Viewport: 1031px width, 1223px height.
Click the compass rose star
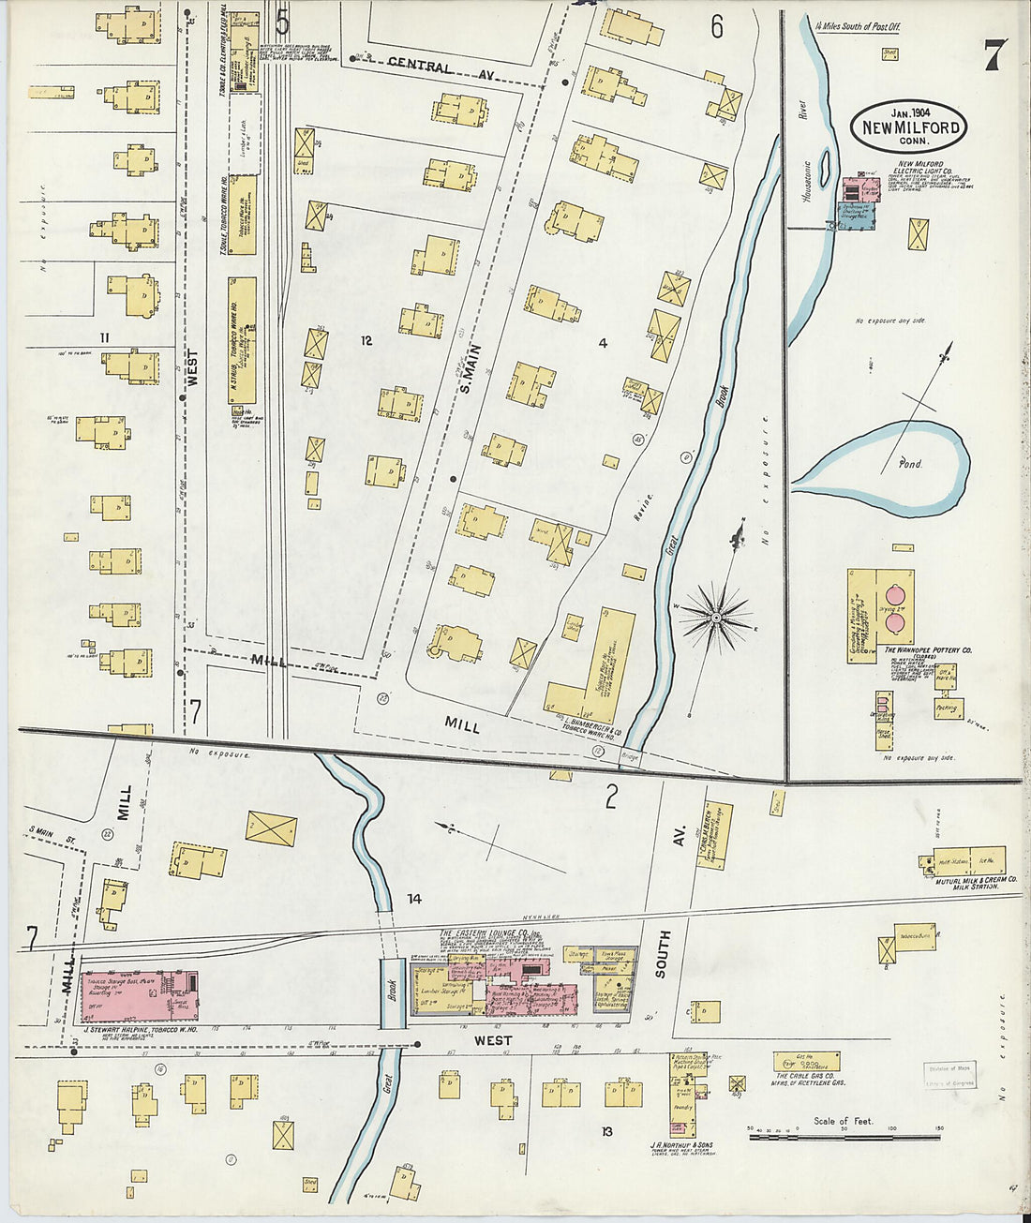click(716, 618)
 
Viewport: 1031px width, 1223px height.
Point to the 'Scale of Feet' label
click(843, 1121)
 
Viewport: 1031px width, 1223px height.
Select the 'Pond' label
click(909, 464)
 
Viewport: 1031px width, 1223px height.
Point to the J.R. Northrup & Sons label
click(680, 1145)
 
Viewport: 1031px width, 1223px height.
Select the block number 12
click(366, 341)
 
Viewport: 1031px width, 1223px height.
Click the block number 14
click(413, 900)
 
